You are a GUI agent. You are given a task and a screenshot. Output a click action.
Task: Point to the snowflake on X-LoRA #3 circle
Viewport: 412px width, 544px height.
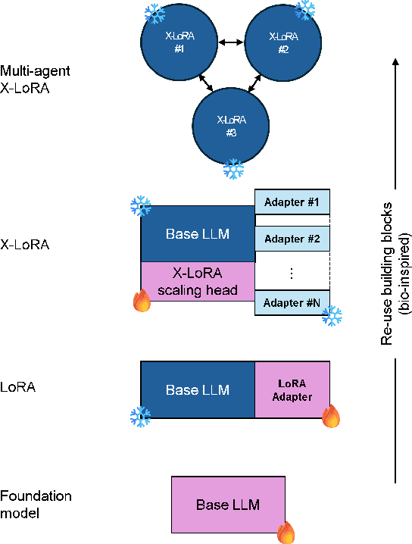(233, 168)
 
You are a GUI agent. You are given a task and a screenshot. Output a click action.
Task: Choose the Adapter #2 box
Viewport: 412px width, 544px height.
(292, 239)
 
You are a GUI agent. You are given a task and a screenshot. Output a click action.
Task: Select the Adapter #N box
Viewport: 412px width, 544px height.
(292, 302)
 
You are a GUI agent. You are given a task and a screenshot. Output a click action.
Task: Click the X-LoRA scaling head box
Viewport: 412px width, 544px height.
(198, 281)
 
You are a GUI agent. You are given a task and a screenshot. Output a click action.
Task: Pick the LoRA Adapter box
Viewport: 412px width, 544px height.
(292, 390)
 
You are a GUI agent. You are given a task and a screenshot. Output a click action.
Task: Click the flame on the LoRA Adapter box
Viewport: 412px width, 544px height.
(330, 417)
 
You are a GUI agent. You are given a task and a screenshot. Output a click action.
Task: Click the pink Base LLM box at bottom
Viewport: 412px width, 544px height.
(228, 505)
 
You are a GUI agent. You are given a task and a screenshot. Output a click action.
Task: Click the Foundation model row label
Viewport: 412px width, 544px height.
(36, 504)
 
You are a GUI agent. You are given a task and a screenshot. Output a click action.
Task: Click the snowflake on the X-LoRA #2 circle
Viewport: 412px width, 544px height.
(304, 9)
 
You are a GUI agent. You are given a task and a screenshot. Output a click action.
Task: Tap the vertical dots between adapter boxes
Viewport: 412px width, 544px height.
(292, 270)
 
